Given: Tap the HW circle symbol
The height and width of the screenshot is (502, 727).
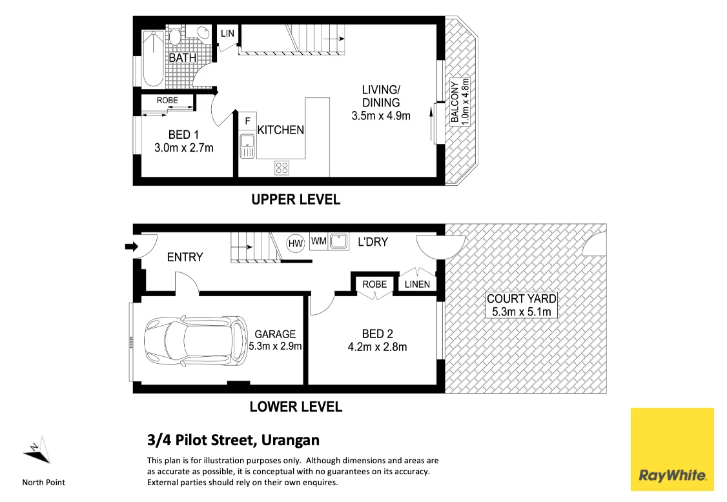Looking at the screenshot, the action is [x=295, y=244].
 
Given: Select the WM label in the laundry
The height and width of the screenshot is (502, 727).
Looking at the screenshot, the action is [x=318, y=241].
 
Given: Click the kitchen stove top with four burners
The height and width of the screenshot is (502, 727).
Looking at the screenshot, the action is [x=282, y=167].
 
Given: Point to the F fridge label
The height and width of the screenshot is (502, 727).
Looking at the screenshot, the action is [x=247, y=121].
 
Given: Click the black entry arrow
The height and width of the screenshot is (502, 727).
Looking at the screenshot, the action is [x=132, y=246].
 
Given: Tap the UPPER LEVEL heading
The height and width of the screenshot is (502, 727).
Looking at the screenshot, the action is [x=296, y=200].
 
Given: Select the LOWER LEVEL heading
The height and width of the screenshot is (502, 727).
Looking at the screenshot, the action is [x=296, y=407].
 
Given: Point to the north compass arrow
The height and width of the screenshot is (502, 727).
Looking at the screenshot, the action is [x=37, y=450].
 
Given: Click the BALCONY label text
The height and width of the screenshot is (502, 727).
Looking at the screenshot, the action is [x=455, y=102].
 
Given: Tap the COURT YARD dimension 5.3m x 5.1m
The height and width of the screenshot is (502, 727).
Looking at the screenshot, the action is [x=522, y=312].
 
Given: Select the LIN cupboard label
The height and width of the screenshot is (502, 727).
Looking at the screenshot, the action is [x=227, y=34].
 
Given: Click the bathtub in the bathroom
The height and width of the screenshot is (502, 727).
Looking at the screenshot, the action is [x=152, y=59].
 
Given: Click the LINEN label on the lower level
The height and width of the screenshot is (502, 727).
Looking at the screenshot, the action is [x=417, y=284].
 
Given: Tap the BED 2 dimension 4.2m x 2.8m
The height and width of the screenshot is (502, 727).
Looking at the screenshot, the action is [x=378, y=346].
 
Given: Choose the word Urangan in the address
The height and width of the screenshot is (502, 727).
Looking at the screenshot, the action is [x=291, y=440].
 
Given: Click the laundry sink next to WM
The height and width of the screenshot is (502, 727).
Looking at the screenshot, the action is [x=339, y=241].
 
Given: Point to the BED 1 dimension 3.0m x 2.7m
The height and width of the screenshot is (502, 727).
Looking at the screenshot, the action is [x=184, y=148].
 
